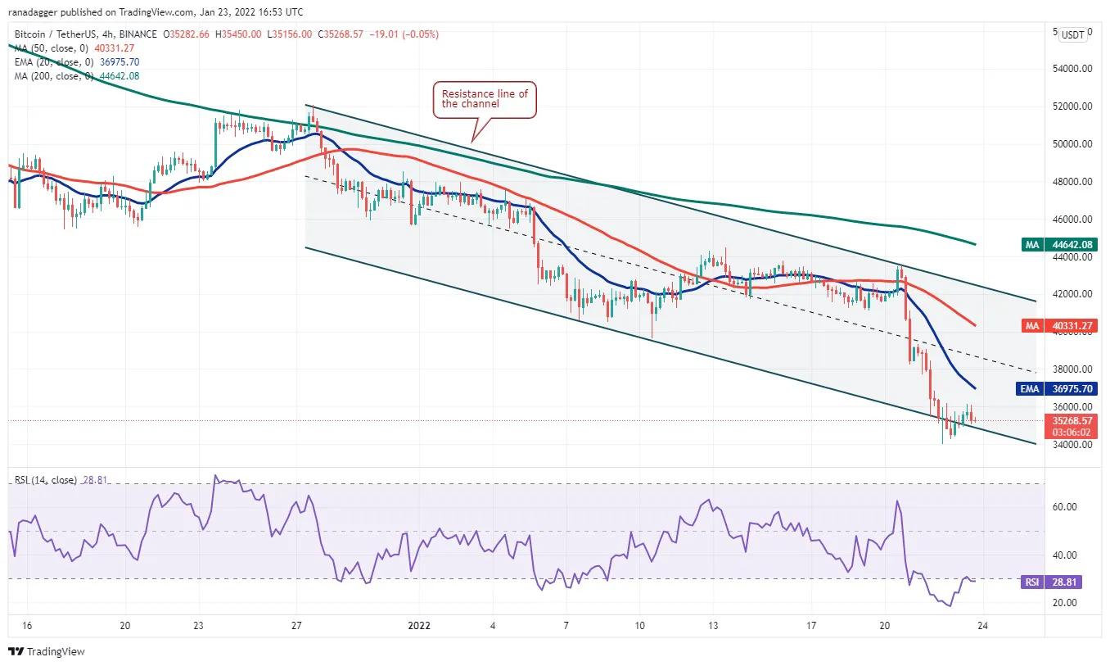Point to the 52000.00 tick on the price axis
[x=1072, y=106]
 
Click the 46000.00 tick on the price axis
[x=1072, y=220]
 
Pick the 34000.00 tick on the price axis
[x=1072, y=445]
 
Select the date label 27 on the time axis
[x=296, y=625]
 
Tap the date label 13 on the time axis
[x=713, y=625]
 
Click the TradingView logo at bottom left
[x=47, y=652]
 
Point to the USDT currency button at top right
[x=1072, y=34]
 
